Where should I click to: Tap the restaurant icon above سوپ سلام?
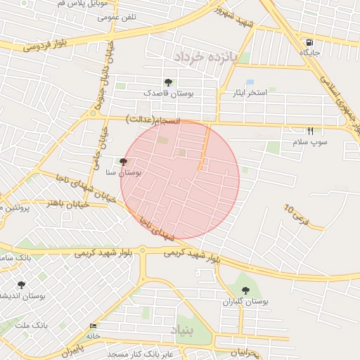pos(310,131)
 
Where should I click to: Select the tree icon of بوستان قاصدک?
pos(167,82)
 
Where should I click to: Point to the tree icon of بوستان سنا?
pos(124,162)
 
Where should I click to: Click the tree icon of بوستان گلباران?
pos(245,290)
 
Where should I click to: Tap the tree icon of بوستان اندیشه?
pos(21,285)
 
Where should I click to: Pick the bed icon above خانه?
pos(94,326)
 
